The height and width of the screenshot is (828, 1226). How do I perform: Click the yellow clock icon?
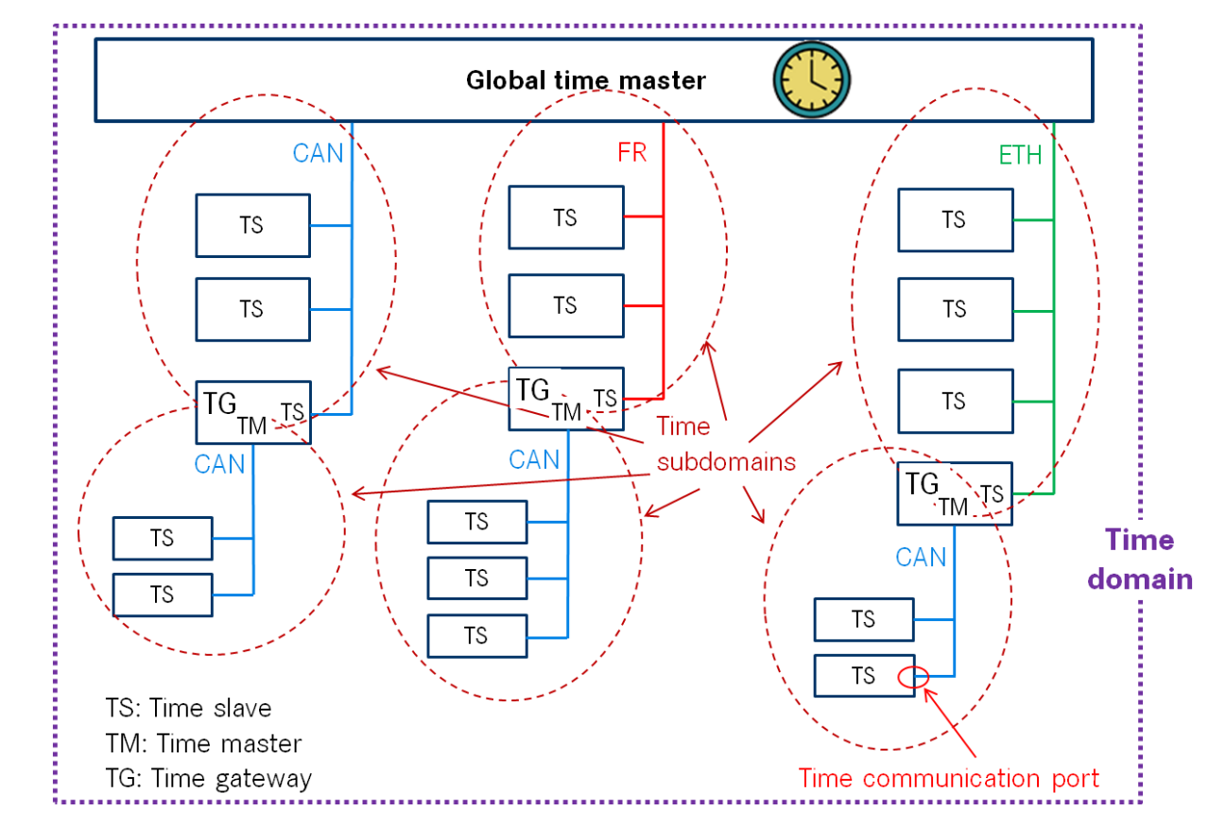pos(812,80)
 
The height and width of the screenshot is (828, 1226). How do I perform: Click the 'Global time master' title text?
pos(586,80)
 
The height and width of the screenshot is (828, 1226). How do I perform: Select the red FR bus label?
pos(632,152)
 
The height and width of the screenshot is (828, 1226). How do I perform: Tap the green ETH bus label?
pos(1020,155)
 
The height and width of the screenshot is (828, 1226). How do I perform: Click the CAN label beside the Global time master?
pos(318,153)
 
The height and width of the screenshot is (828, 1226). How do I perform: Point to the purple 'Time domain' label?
pos(1140,560)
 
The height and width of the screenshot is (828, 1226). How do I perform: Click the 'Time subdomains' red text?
pos(726,444)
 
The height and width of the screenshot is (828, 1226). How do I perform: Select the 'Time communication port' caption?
pos(948,778)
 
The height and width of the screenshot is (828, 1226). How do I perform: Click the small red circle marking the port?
pos(913,678)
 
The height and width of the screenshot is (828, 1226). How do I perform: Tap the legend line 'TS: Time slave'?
pos(188,708)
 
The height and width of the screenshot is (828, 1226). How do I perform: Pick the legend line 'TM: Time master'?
pos(203,743)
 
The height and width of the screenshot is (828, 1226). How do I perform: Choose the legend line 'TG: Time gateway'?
pos(209,778)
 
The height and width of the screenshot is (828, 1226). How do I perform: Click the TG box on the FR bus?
pos(566,398)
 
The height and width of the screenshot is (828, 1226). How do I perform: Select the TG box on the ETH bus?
pos(955,493)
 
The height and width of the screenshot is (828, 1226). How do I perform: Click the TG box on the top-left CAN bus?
pos(253,412)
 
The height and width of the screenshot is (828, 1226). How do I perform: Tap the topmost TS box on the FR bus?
pos(566,217)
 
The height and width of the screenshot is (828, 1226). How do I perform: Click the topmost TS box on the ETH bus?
pos(956,220)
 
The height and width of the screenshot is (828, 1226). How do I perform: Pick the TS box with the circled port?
pos(864,676)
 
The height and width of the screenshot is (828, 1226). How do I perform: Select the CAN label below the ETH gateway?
pos(921,557)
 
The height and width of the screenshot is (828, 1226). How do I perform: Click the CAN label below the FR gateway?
pos(534,459)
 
